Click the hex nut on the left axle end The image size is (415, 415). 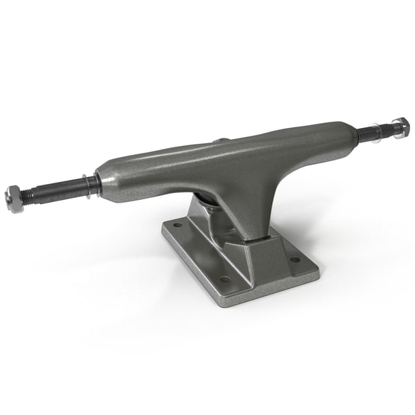point(15,198)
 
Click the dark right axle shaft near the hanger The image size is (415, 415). point(366,133)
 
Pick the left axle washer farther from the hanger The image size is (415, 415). point(84,185)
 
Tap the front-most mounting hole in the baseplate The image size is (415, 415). point(225,279)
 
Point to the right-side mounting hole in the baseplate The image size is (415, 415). point(295,260)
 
